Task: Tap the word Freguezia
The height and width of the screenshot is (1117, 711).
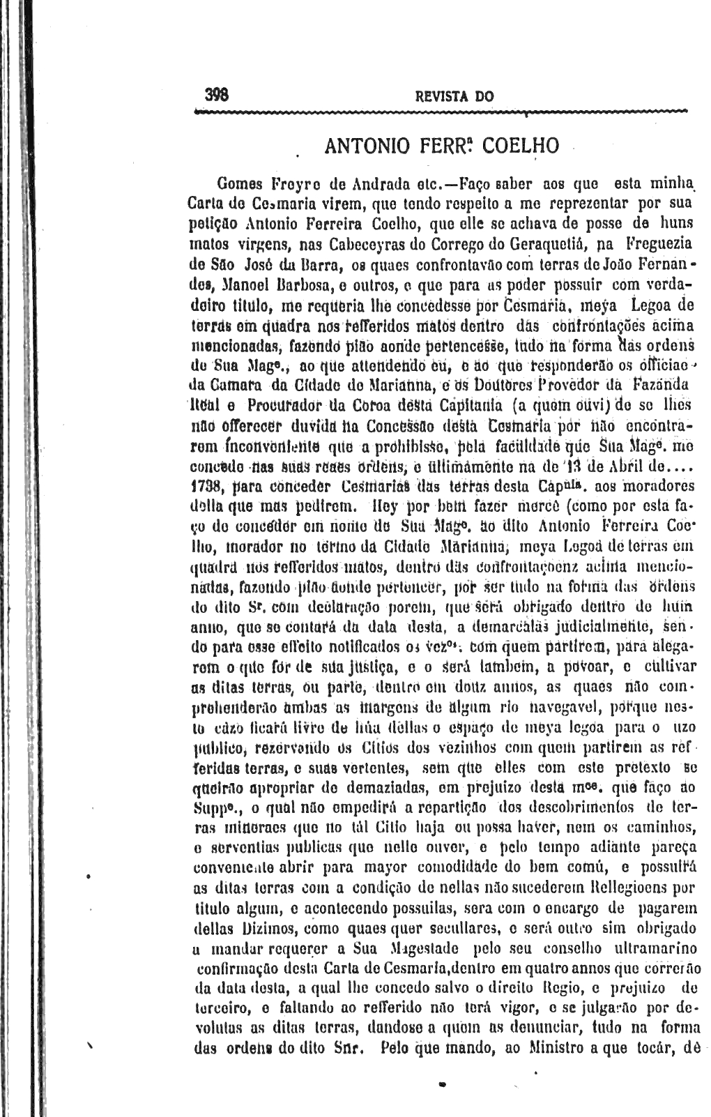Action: [x=662, y=245]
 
